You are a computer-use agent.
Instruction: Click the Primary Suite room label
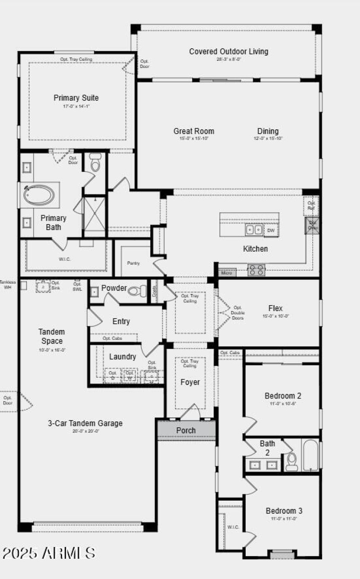click(x=76, y=98)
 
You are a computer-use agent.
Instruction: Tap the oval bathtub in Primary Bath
click(x=40, y=195)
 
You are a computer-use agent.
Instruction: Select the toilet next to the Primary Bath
click(x=95, y=163)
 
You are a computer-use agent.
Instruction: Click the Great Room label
click(x=194, y=131)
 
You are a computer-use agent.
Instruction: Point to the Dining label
click(x=268, y=131)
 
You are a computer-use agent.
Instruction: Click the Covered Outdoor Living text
click(x=229, y=51)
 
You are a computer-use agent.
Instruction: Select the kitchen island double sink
click(x=254, y=230)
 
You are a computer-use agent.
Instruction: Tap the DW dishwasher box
click(x=271, y=231)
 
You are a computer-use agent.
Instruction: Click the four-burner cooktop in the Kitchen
click(x=256, y=270)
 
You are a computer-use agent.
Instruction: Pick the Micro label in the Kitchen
click(x=227, y=273)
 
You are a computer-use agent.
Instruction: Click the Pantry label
click(x=133, y=263)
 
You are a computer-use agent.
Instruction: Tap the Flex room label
click(x=275, y=308)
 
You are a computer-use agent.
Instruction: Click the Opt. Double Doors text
click(x=238, y=312)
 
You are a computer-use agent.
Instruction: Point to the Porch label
click(x=186, y=430)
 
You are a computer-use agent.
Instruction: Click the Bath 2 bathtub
click(x=310, y=455)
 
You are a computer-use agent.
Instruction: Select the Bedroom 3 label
click(x=284, y=511)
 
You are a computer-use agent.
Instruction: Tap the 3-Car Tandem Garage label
click(x=85, y=423)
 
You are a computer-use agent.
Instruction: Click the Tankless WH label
click(x=7, y=285)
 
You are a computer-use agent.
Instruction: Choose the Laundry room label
click(x=122, y=357)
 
